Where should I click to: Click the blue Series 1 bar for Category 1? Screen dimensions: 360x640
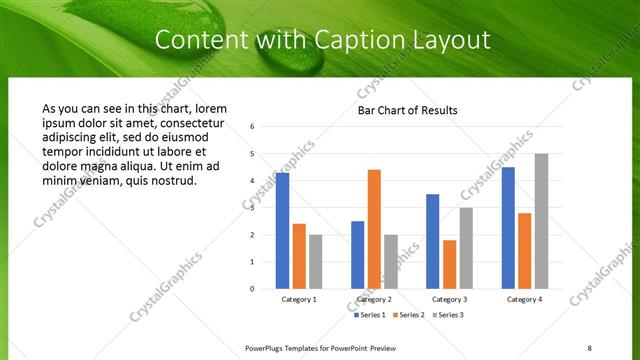click(282, 231)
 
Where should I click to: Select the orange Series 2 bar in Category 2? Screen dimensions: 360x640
click(374, 229)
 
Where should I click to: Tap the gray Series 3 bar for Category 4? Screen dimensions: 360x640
click(541, 221)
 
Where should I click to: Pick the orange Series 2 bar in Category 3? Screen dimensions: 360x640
click(449, 264)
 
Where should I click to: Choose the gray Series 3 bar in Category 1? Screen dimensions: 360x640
click(316, 262)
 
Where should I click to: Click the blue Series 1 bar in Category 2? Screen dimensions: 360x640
click(357, 255)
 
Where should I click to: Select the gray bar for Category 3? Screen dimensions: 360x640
click(466, 248)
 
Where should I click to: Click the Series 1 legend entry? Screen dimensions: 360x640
click(370, 315)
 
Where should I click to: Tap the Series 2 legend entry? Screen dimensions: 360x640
click(409, 315)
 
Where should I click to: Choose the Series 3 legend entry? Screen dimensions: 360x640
click(447, 315)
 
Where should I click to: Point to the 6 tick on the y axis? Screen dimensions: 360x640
click(253, 126)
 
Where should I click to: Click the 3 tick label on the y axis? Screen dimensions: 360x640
click(253, 207)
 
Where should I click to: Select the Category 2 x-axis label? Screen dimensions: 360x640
click(374, 299)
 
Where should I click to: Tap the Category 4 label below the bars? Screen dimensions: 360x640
click(524, 299)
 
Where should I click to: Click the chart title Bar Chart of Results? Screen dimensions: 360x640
click(407, 110)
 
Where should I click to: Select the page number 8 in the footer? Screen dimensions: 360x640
click(590, 348)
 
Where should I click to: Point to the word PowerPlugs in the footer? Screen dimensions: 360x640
click(265, 348)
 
